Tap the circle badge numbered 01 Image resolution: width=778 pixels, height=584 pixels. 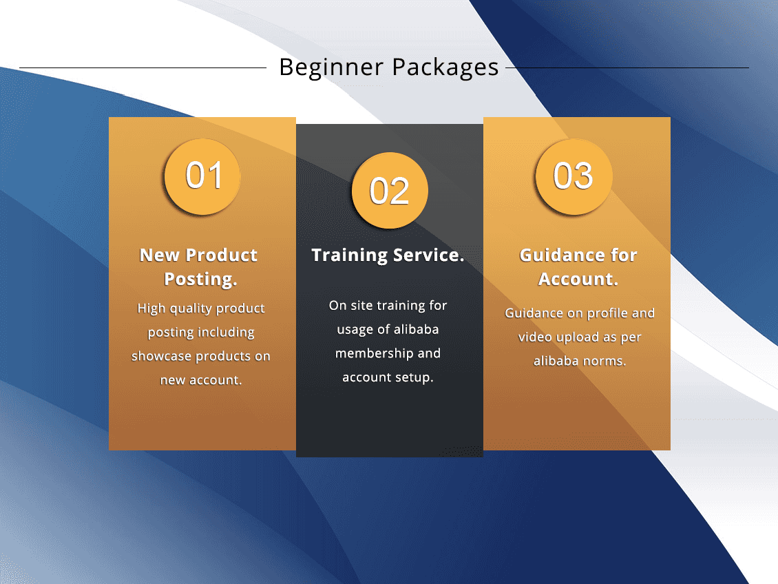(202, 176)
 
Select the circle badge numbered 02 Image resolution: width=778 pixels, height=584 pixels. (390, 191)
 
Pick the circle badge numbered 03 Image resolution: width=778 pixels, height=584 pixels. (574, 176)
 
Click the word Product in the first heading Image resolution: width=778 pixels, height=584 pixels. (221, 255)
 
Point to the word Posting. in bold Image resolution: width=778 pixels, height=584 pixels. (201, 280)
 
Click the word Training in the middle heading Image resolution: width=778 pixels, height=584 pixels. (349, 255)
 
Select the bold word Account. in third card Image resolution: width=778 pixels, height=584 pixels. (578, 280)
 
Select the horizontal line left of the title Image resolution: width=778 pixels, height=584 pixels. (143, 68)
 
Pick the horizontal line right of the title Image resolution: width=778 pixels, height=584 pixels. (627, 68)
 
